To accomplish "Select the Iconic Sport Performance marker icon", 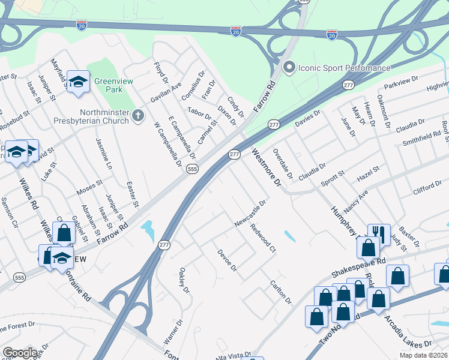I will coord(289,67).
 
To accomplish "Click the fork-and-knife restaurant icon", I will coord(379,232).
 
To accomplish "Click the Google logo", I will coord(20,353).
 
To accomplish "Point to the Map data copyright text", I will coord(424,355).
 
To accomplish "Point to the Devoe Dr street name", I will coord(228,259).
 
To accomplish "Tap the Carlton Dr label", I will coord(280,292).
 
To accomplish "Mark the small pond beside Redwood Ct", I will coord(289,236).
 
